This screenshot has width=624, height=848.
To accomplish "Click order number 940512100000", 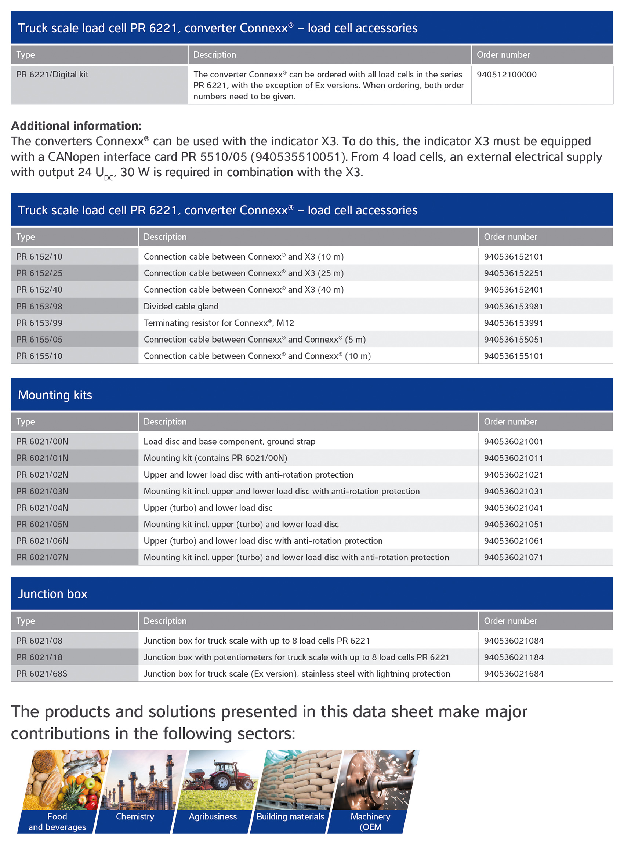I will pyautogui.click(x=506, y=75).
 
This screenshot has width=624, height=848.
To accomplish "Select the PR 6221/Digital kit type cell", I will pyautogui.click(x=52, y=75).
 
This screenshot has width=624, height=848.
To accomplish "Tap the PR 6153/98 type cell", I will pyautogui.click(x=39, y=306).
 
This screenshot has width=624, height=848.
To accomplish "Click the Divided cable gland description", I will pyautogui.click(x=181, y=306).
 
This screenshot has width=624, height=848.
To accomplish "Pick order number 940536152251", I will pyautogui.click(x=513, y=273).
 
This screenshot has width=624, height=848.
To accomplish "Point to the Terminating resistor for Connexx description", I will pyautogui.click(x=218, y=323).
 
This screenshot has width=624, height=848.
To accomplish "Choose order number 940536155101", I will pyautogui.click(x=513, y=356).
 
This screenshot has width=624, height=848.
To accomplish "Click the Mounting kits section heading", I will pyautogui.click(x=55, y=395).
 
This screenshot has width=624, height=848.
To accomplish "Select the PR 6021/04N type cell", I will pyautogui.click(x=42, y=508).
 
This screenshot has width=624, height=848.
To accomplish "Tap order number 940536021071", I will pyautogui.click(x=513, y=557).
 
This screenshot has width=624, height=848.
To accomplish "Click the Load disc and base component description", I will pyautogui.click(x=229, y=442).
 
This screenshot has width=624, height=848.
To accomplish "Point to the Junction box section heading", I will pyautogui.click(x=52, y=594).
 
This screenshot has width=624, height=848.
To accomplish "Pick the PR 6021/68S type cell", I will pyautogui.click(x=41, y=674).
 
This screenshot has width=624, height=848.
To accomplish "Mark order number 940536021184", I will pyautogui.click(x=513, y=657).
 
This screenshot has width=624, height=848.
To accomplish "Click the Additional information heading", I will pyautogui.click(x=76, y=126).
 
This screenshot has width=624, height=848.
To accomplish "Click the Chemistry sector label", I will pyautogui.click(x=135, y=817).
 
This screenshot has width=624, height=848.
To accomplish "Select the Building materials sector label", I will pyautogui.click(x=290, y=817).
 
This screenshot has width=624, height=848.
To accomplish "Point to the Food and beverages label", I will pyautogui.click(x=57, y=822).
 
